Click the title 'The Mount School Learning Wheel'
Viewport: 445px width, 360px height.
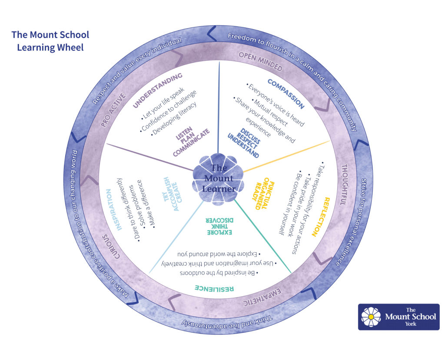(x=50, y=41)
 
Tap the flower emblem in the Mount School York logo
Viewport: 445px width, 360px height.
(x=371, y=317)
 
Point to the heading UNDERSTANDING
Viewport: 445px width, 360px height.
(x=157, y=89)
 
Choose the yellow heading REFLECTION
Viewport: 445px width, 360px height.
(x=320, y=217)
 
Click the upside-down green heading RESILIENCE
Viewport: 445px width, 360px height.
(x=214, y=288)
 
